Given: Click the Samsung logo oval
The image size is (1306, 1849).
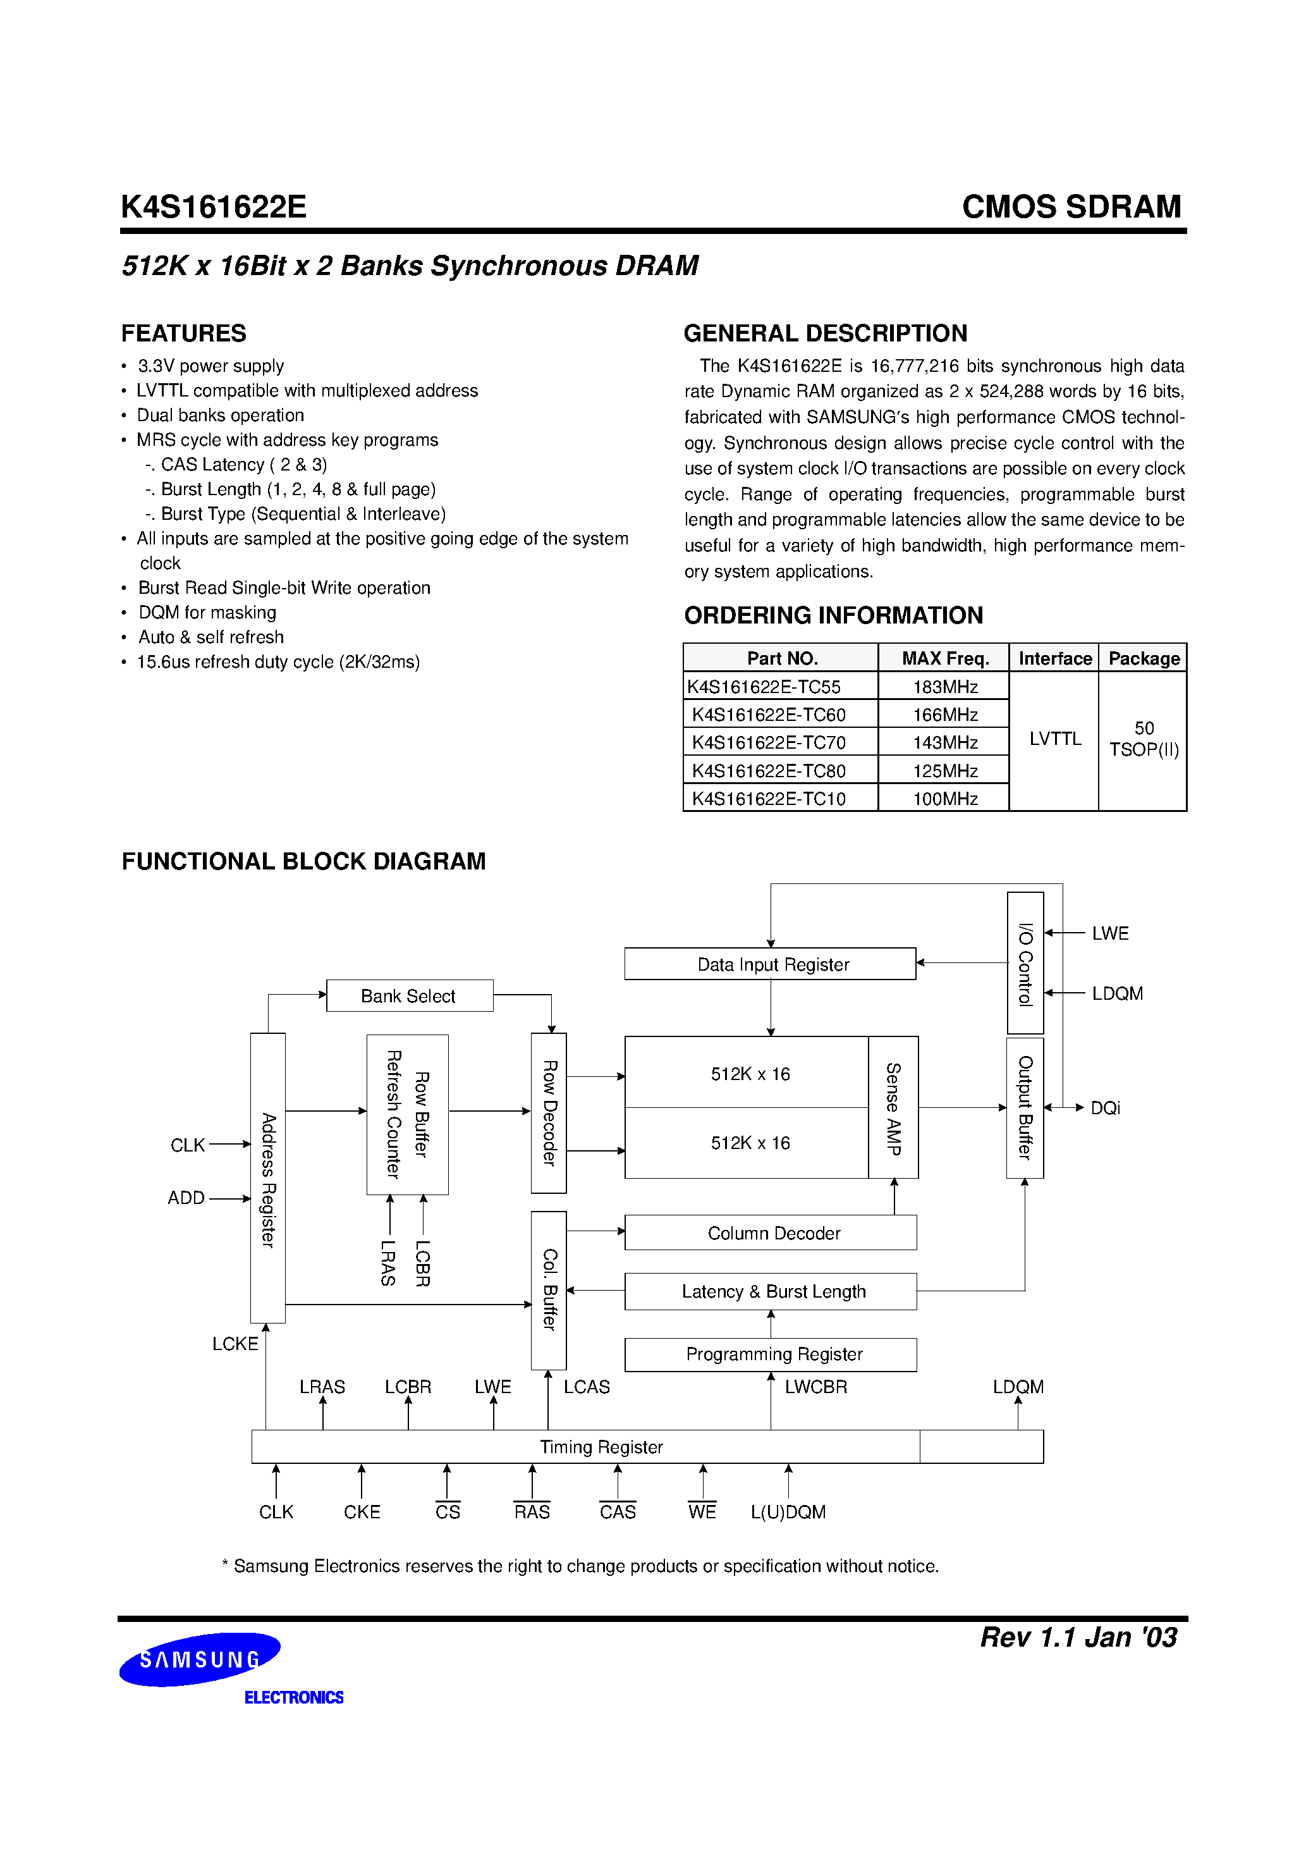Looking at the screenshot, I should pos(200,1659).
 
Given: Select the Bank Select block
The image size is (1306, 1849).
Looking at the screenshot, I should pos(409,995).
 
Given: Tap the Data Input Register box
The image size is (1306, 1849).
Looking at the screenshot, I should pos(770,964).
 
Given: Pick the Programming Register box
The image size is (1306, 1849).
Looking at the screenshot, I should pos(771,1354).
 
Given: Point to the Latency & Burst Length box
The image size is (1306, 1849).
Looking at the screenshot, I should pos(771,1291).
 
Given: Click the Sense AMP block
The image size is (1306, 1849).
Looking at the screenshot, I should pos(893,1107).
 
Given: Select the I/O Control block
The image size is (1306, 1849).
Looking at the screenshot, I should pos(1025,963).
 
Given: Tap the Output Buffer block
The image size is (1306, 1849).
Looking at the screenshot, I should pos(1025,1107).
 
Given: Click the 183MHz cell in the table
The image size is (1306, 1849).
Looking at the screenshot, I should pos(944,687).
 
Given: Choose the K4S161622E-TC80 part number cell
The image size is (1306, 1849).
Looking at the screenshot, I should pos(769,771).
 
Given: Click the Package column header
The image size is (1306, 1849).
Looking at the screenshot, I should pos(1144,658).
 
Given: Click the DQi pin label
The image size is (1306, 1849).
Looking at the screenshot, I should pos(1105,1108).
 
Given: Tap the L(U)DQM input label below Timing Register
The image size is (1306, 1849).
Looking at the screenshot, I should pos(788,1511).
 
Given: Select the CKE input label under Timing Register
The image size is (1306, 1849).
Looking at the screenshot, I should pos(362,1511).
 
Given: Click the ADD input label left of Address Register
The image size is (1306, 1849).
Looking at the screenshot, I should pos(186,1198).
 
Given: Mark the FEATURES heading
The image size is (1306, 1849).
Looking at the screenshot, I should pos(183,333).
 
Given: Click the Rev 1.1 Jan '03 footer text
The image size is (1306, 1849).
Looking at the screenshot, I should pos(1078,1637).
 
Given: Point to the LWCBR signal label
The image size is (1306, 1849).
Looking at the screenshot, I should pos(815,1387).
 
